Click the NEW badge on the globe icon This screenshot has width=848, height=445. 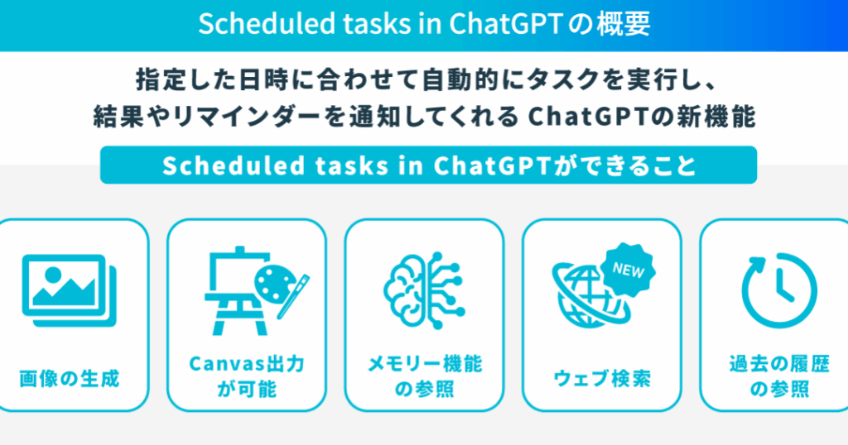tap(628, 269)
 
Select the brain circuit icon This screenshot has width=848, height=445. tap(424, 290)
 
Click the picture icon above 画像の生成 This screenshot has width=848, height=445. tap(70, 290)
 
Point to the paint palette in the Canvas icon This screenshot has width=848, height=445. tap(275, 285)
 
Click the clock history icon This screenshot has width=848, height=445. tap(779, 290)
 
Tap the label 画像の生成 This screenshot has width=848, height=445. tap(70, 379)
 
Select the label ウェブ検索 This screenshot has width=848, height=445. tap(602, 379)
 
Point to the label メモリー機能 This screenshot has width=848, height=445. tap(425, 364)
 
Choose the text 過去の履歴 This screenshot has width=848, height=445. tap(779, 364)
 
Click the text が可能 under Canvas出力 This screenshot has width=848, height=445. tap(247, 389)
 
